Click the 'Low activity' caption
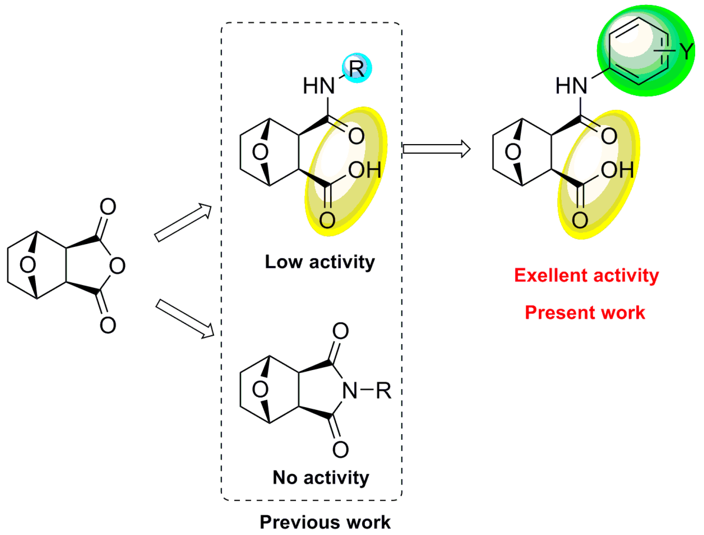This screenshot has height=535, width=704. (320, 262)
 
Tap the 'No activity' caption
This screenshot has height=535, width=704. (321, 478)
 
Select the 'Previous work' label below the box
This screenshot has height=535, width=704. (325, 522)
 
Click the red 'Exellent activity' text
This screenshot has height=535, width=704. (586, 276)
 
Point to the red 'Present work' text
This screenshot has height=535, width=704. (585, 313)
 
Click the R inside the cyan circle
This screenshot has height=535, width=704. (356, 68)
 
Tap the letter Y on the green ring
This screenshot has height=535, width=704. (687, 51)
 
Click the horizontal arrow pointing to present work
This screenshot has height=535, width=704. (436, 149)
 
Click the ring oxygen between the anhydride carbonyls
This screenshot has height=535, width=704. (117, 265)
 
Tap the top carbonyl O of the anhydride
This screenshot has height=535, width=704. (108, 207)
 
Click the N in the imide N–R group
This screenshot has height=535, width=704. (350, 391)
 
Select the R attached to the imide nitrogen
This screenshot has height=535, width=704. (383, 391)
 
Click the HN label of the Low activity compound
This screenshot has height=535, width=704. (319, 86)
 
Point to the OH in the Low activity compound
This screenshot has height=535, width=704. (364, 170)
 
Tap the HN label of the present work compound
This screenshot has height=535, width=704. (571, 86)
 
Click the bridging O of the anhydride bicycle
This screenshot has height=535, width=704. (28, 265)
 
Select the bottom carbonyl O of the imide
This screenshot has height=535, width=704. (340, 449)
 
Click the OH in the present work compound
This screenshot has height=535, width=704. (617, 170)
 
